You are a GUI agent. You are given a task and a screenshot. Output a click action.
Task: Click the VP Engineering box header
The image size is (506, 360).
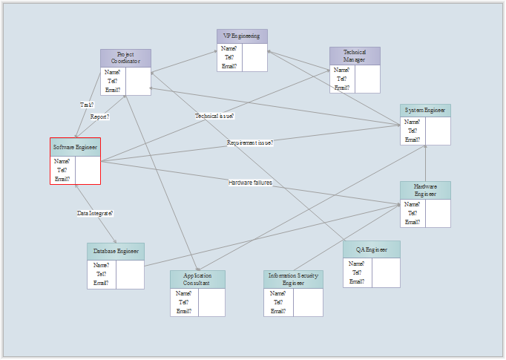click(x=242, y=36)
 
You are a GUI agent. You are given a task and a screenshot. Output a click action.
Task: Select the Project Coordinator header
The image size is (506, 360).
click(x=125, y=58)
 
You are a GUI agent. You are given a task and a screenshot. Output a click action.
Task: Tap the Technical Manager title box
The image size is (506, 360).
click(x=355, y=56)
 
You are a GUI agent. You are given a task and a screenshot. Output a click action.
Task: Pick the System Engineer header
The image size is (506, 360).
click(x=425, y=111)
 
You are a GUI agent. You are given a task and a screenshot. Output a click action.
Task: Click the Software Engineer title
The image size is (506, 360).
click(x=75, y=147)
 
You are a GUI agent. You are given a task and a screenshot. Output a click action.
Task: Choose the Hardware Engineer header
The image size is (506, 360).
click(x=425, y=190)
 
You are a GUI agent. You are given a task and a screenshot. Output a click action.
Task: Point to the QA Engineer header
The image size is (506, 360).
click(x=372, y=250)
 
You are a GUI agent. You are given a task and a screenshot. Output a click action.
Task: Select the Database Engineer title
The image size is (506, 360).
click(x=116, y=252)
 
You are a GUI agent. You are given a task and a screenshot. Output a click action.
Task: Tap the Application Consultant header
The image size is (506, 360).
click(x=197, y=279)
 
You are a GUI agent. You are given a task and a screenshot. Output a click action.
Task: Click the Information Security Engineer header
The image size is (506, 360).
click(x=293, y=279)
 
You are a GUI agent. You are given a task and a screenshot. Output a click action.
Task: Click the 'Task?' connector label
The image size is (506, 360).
click(x=87, y=105)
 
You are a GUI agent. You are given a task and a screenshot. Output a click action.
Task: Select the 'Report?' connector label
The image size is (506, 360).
click(x=100, y=117)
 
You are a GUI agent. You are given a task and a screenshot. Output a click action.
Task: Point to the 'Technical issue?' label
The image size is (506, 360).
click(x=214, y=116)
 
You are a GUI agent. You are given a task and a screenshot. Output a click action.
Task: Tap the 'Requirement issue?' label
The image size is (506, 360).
click(x=250, y=143)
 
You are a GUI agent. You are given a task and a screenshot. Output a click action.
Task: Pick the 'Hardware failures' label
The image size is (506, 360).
click(x=250, y=183)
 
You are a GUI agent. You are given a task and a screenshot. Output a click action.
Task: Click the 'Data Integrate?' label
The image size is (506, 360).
click(x=95, y=213)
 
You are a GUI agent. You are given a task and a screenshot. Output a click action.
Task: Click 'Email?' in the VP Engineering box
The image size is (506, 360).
click(x=229, y=66)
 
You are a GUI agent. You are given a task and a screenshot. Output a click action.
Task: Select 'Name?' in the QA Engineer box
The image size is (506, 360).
click(x=356, y=264)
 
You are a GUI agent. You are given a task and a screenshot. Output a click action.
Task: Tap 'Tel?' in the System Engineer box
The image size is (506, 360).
click(x=412, y=131)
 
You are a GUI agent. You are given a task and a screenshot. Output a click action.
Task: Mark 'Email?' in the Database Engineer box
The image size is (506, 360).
click(x=101, y=283)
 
